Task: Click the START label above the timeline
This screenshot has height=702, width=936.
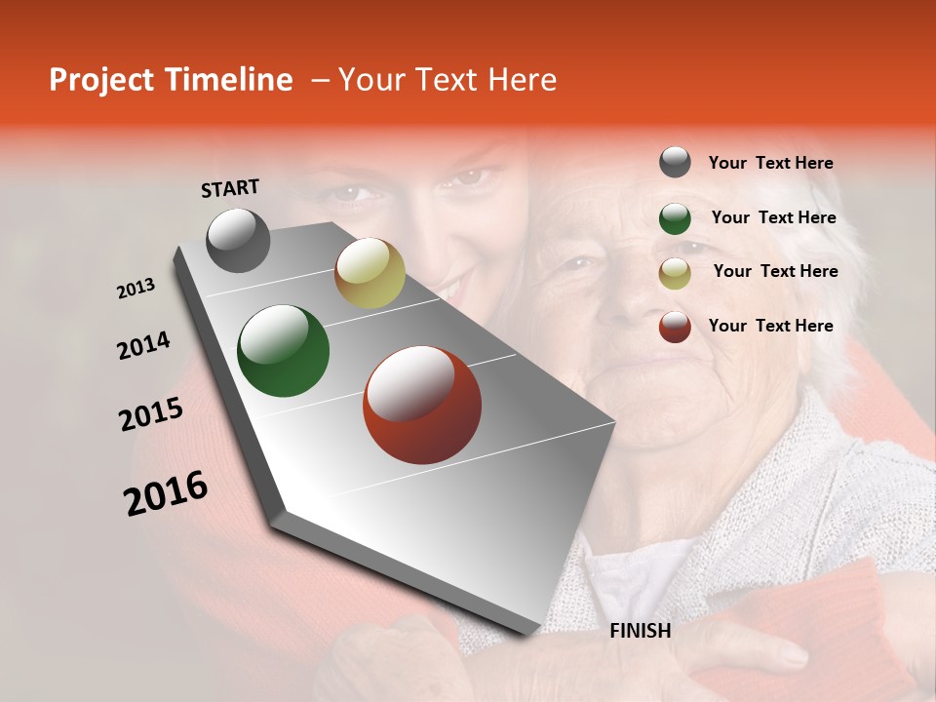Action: pyautogui.click(x=230, y=188)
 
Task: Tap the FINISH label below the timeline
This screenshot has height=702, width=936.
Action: pyautogui.click(x=641, y=631)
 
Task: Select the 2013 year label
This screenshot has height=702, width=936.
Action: pyautogui.click(x=136, y=289)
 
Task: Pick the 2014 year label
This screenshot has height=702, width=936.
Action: pyautogui.click(x=143, y=345)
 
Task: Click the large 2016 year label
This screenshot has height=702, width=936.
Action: pyautogui.click(x=166, y=493)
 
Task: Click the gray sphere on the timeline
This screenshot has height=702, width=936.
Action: pyautogui.click(x=239, y=240)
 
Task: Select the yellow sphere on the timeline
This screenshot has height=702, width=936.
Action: pyautogui.click(x=370, y=273)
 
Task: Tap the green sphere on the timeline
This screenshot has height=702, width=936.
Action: pyautogui.click(x=283, y=351)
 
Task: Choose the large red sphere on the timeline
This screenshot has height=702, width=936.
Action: pyautogui.click(x=422, y=405)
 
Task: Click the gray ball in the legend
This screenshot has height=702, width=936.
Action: pyautogui.click(x=675, y=162)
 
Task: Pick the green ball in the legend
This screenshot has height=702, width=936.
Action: pyautogui.click(x=675, y=218)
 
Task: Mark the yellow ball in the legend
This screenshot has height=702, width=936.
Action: pyautogui.click(x=675, y=273)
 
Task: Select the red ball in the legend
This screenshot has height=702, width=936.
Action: pyautogui.click(x=675, y=327)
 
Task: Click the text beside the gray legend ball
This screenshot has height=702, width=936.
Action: pyautogui.click(x=770, y=163)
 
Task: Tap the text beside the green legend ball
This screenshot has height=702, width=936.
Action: pyautogui.click(x=773, y=217)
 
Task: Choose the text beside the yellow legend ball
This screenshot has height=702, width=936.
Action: pyautogui.click(x=775, y=271)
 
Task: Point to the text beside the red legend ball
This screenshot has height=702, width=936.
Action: pyautogui.click(x=770, y=326)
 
